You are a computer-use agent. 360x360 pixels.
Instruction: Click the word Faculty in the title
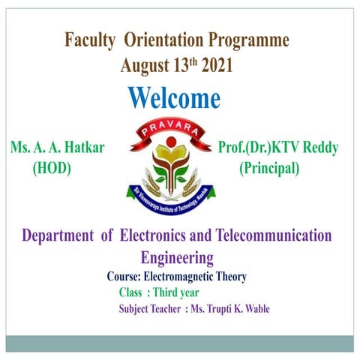tap(88, 40)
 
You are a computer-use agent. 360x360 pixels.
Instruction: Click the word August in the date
tap(146, 65)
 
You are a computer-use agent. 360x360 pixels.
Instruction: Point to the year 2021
tap(216, 65)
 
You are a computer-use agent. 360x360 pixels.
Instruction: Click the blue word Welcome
tap(174, 98)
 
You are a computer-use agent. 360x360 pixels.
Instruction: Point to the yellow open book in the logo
tap(172, 157)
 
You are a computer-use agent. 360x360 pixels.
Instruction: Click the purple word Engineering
tap(177, 258)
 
